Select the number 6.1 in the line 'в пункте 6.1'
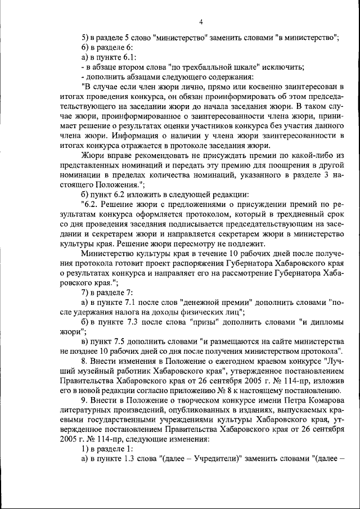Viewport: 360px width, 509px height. coord(126,57)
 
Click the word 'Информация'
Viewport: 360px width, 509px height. coord(129,136)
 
